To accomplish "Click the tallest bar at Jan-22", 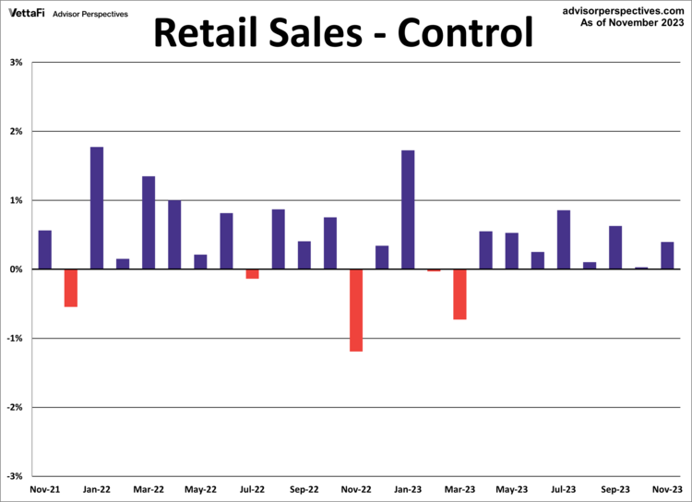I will pos(97,208).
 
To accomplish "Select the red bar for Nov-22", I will pos(356,310).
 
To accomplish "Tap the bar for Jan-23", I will pos(408,209).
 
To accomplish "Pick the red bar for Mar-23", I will pos(459,293).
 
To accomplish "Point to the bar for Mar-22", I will pos(149,222).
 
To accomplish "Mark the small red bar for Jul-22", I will pos(252,273).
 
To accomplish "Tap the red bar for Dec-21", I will pos(71,287).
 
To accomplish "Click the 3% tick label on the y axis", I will pos(17,63).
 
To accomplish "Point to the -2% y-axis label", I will pos(15,407).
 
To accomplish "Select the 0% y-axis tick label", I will pos(17,269).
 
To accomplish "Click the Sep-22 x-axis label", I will pos(304,489).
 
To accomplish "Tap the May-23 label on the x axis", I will pos(511,489).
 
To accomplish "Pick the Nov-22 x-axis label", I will pos(356,489).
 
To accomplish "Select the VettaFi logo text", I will pos(26,14).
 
